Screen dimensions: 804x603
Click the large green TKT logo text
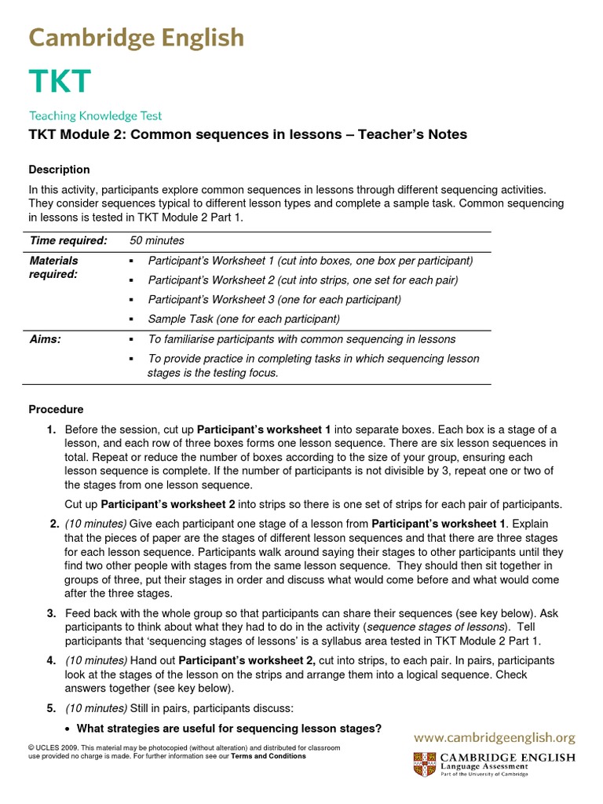coord(60,82)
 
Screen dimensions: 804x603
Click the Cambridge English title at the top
coord(137,37)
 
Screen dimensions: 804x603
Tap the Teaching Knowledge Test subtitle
coord(95,115)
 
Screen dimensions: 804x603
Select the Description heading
coord(59,170)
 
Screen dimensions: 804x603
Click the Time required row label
coord(68,240)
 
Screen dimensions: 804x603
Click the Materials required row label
coord(53,267)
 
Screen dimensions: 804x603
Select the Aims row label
coord(45,339)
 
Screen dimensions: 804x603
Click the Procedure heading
coord(56,409)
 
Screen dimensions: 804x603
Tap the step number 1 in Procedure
coord(51,429)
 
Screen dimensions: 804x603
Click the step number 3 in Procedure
coord(51,612)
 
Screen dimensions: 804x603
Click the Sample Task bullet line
coord(243,319)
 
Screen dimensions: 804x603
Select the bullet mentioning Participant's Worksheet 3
coord(274,299)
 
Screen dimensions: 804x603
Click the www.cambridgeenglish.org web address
coord(495,738)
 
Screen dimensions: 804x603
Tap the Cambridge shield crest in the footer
coord(424,763)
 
